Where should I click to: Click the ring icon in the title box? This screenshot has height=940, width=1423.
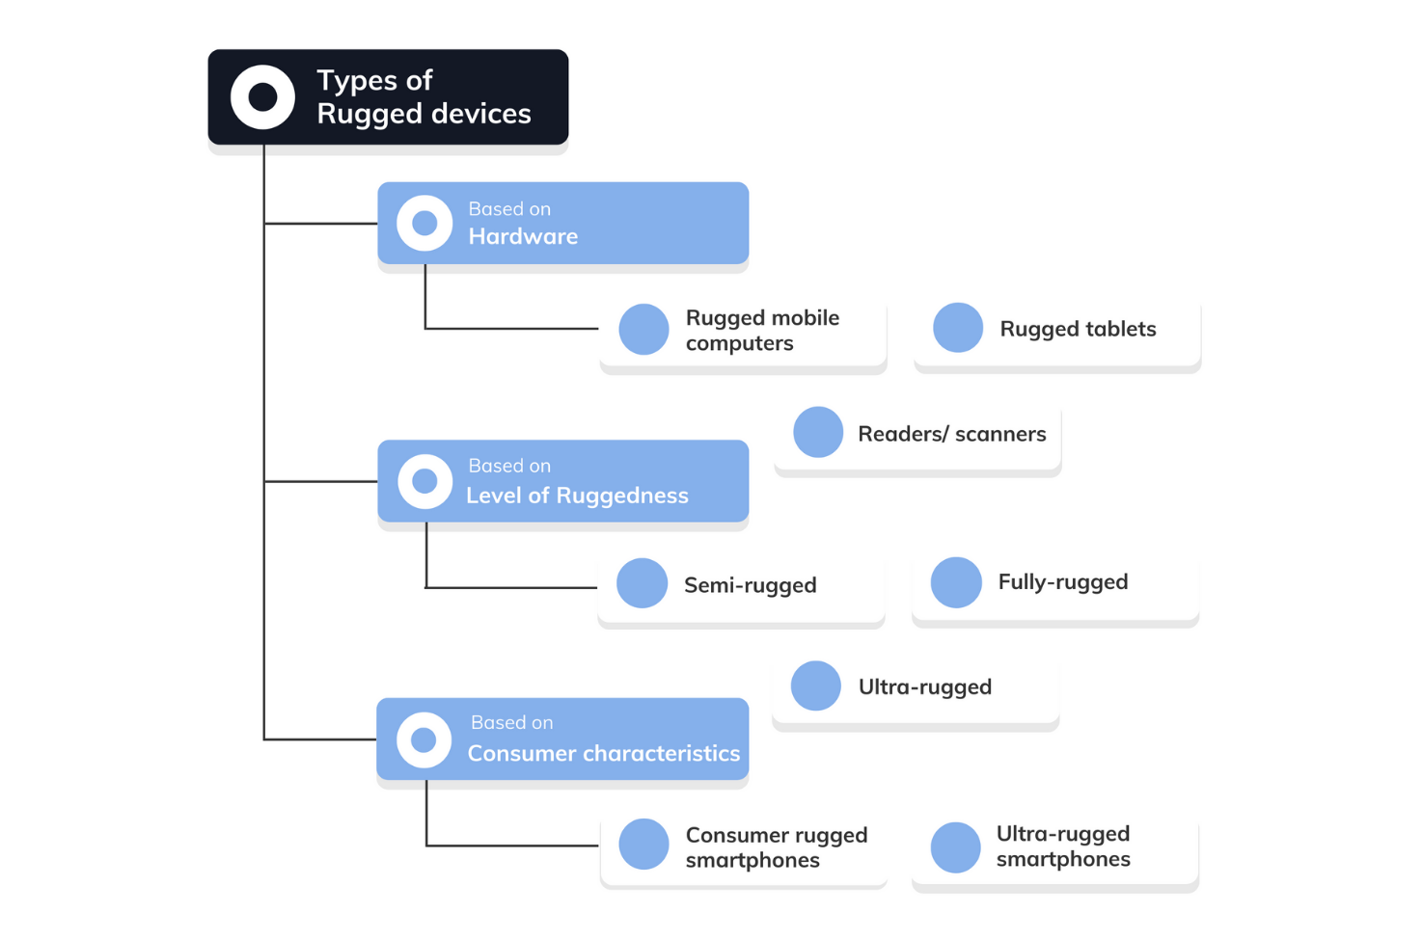[x=262, y=97]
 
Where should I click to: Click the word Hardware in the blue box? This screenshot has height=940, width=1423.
[x=523, y=236]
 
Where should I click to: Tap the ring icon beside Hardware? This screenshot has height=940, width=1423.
[x=424, y=224]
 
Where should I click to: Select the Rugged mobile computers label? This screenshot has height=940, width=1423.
[x=762, y=331]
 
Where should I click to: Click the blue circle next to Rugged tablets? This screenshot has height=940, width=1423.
[x=958, y=328]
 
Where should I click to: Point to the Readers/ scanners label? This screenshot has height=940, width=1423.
[x=951, y=434]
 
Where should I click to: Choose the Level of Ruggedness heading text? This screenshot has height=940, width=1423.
[x=577, y=496]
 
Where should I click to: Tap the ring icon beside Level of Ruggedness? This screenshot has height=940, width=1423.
[x=424, y=481]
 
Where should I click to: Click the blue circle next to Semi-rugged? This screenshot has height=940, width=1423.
[x=643, y=583]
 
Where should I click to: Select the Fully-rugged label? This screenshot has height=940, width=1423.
[x=1062, y=582]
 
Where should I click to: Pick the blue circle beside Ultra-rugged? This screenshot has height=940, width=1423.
[x=816, y=685]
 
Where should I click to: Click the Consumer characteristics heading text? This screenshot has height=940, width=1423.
[x=604, y=753]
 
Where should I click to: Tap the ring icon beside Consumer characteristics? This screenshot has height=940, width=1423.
[x=424, y=739]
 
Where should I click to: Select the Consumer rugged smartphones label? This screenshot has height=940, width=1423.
[x=777, y=847]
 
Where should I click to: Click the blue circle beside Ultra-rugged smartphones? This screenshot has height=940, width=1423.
[x=956, y=847]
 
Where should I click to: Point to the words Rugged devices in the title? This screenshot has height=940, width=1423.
[x=424, y=114]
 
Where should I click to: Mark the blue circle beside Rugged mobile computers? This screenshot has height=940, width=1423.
[x=643, y=329]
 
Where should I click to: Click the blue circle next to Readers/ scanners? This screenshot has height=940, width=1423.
[x=818, y=432]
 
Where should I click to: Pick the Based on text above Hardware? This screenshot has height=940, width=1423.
[x=509, y=208]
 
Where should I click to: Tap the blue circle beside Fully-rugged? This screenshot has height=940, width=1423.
[x=956, y=582]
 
